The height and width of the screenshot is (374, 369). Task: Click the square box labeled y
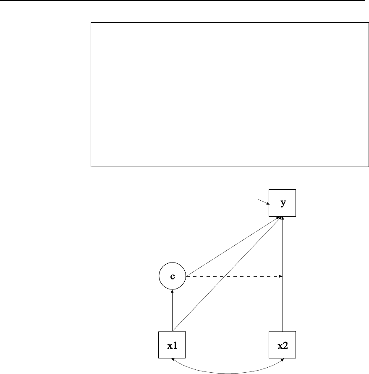tap(283, 203)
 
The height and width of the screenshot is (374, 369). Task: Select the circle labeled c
tap(172, 276)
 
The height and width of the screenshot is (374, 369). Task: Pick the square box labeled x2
tap(283, 345)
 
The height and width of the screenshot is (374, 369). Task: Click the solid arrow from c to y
tap(231, 248)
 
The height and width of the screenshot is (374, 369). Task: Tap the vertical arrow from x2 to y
tap(283, 303)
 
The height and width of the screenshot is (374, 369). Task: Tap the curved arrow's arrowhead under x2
tap(282, 361)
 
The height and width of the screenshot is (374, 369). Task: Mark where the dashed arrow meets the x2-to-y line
tap(283, 276)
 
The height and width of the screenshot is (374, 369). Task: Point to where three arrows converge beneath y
tap(283, 218)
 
